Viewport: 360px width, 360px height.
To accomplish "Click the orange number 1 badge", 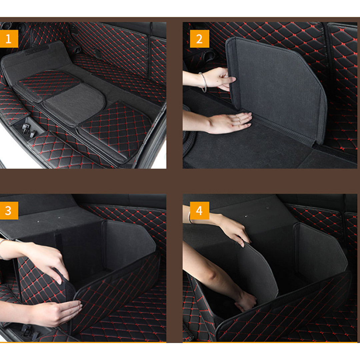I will pos(9,39).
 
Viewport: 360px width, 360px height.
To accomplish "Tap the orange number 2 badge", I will pos(199,39).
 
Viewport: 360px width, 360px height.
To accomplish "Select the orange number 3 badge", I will pos(9,211).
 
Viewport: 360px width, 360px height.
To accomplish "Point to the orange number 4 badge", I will pos(199,211).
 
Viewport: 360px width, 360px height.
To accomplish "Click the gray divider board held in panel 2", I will pos(277,87).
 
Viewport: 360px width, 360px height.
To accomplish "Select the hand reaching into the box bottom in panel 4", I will pos(245,302).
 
